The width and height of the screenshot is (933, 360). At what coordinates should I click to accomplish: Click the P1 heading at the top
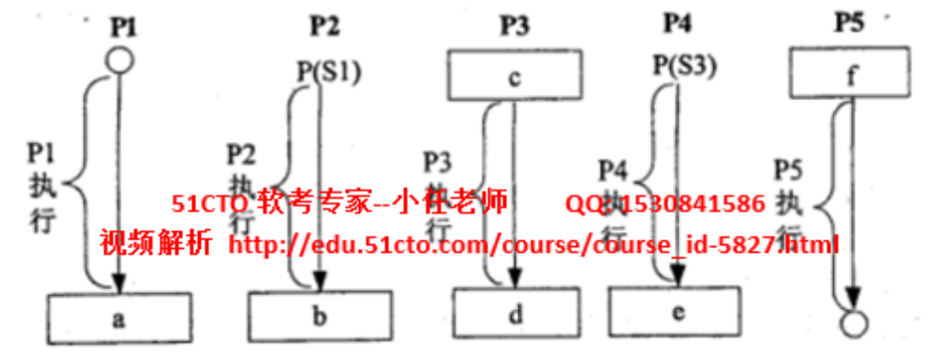click(x=123, y=25)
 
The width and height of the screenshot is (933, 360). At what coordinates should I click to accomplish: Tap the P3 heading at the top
click(x=514, y=25)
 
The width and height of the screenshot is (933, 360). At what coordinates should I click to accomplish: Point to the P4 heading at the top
click(x=678, y=21)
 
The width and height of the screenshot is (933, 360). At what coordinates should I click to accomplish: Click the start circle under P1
click(x=118, y=61)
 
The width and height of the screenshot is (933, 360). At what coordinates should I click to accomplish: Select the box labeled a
click(x=118, y=318)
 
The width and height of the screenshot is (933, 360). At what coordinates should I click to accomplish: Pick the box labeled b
click(x=319, y=315)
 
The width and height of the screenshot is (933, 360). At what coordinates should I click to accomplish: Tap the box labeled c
click(x=514, y=76)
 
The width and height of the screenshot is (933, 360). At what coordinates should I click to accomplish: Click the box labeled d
click(x=515, y=315)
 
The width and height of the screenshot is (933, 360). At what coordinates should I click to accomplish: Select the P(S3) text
click(x=685, y=65)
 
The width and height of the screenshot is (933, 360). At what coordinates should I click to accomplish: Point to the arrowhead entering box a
click(x=118, y=284)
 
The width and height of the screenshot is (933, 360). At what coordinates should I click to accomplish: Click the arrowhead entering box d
click(x=515, y=278)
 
